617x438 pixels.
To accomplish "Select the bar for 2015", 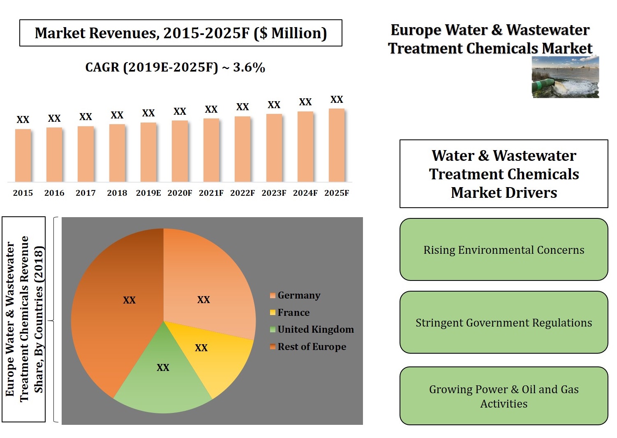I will click(x=23, y=155).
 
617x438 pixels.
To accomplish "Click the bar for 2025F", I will click(x=337, y=145).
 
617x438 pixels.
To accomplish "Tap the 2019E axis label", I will click(x=148, y=193).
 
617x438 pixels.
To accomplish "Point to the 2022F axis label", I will click(x=243, y=193).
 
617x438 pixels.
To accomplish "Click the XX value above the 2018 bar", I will click(x=117, y=115).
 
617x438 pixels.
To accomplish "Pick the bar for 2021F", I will click(x=211, y=150).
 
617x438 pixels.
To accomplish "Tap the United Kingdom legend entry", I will click(x=312, y=329).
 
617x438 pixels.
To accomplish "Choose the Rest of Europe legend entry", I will click(x=308, y=347).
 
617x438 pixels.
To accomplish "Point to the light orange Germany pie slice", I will click(x=206, y=288).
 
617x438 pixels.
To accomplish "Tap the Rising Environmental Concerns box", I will click(x=504, y=250).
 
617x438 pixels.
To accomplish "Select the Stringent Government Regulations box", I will click(x=504, y=322).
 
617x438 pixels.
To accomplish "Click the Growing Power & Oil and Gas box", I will click(x=504, y=396).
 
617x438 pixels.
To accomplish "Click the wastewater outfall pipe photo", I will click(x=565, y=77).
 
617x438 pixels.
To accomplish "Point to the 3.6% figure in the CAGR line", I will click(x=249, y=67).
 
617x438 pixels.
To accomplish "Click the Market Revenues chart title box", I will click(x=181, y=33).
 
